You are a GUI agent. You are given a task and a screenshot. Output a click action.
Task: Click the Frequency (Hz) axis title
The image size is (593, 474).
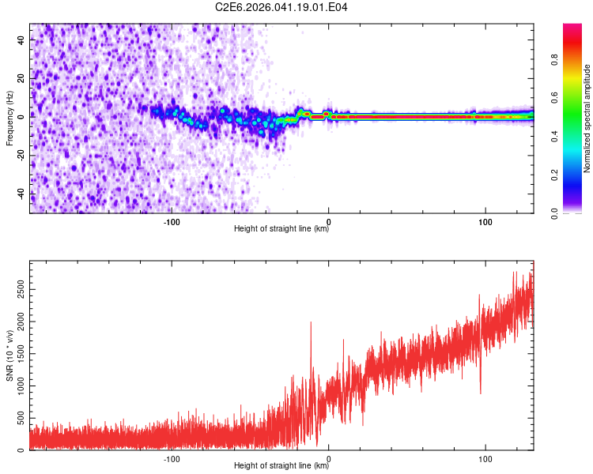point(9,118)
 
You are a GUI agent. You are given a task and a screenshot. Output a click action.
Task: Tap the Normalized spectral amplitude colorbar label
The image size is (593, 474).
point(587,118)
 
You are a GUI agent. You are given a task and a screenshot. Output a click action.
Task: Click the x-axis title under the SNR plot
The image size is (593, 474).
point(281,467)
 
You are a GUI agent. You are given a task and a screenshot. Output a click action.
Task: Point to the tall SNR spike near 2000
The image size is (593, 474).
point(311,322)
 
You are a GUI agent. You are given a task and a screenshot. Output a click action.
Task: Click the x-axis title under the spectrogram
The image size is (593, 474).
point(281,229)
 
